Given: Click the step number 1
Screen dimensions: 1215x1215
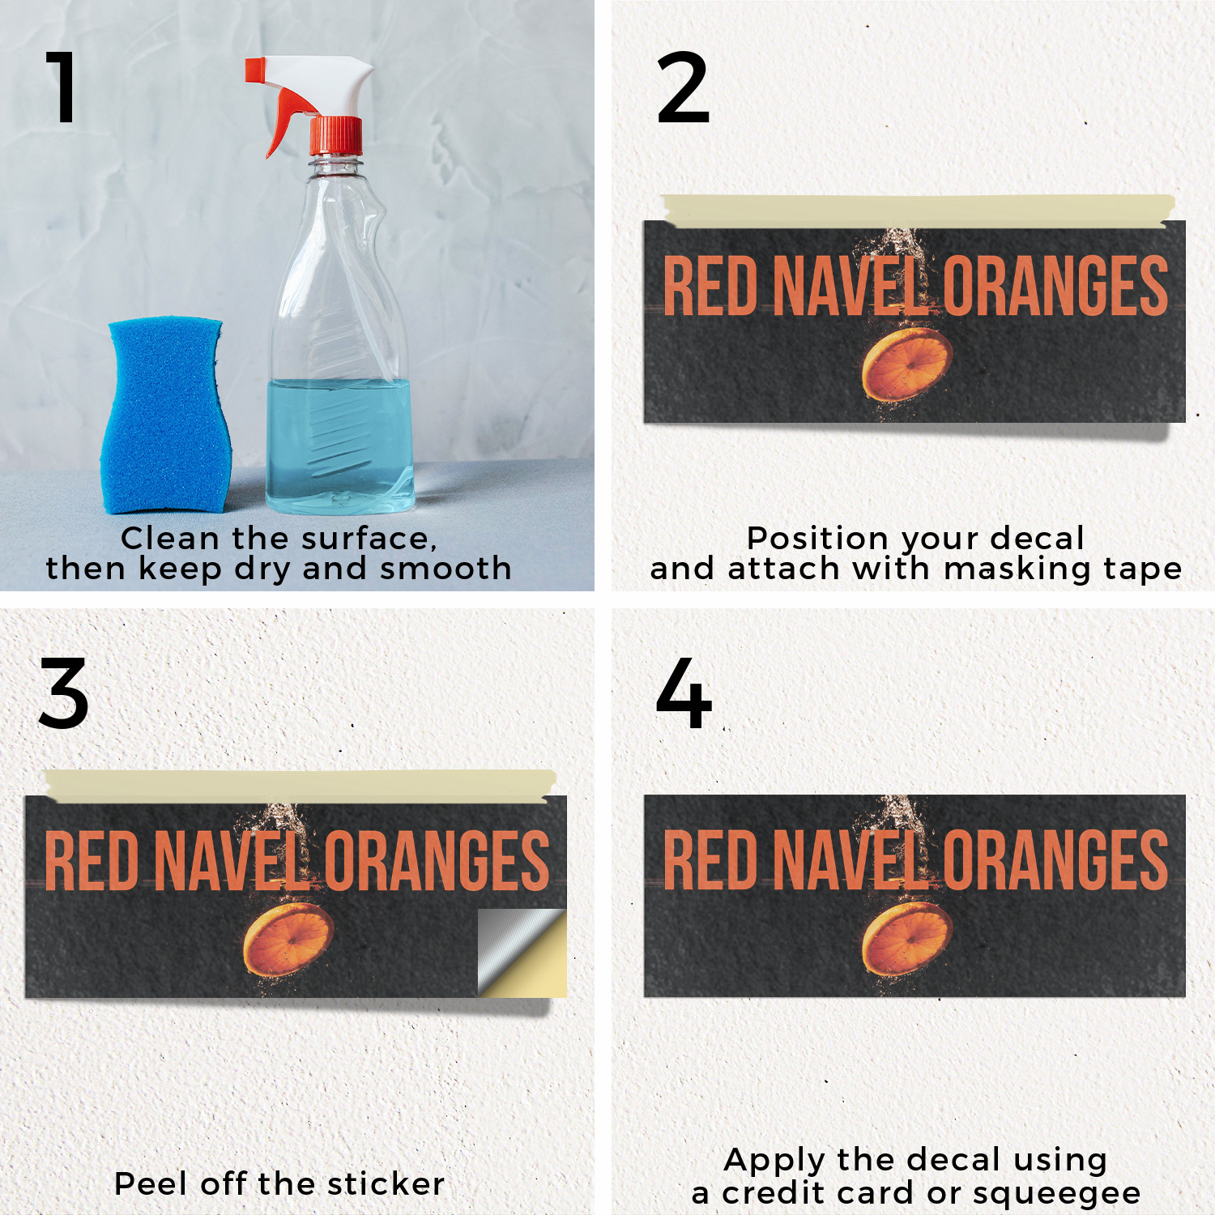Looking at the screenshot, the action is [62, 87].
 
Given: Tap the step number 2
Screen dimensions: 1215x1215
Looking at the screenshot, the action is [683, 87].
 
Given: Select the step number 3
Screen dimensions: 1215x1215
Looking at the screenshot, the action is [63, 693].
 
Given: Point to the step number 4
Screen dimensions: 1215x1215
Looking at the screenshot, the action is [684, 693].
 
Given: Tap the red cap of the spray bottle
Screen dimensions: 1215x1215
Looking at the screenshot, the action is [336, 135].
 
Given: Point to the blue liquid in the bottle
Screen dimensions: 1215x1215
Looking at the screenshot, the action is [340, 446].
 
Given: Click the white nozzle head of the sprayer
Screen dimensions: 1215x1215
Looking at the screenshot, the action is [312, 81].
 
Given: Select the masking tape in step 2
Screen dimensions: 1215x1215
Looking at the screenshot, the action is [917, 210].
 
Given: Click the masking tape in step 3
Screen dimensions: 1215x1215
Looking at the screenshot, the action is [301, 786].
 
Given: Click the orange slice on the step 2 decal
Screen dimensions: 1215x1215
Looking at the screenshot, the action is [906, 364].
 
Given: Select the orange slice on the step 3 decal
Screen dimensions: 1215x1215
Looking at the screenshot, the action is [288, 940].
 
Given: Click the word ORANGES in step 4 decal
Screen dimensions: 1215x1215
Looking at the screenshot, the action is [1055, 859].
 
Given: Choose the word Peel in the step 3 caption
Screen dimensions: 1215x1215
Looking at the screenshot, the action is [153, 1183].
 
